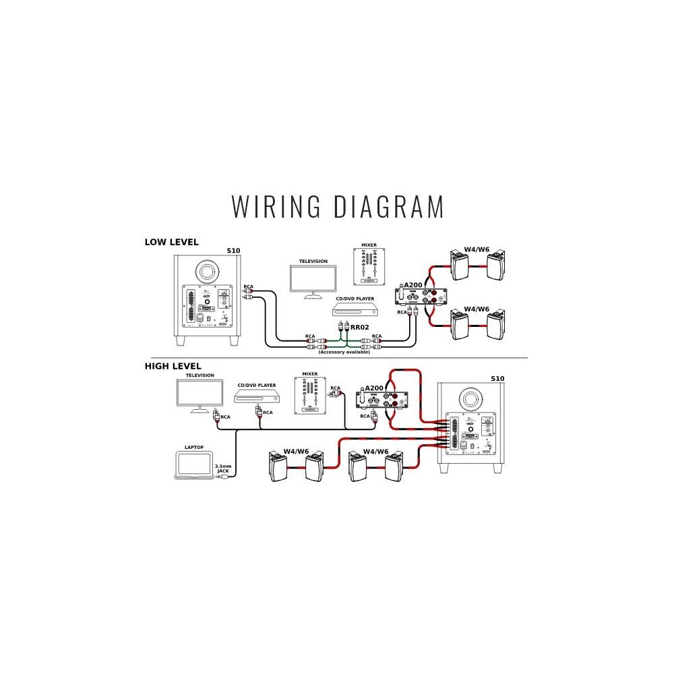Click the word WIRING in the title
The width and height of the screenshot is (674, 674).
coord(276,206)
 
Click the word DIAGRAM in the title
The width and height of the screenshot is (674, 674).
coord(390,206)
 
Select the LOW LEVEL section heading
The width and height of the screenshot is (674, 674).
coord(171,242)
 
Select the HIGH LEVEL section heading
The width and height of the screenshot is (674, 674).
coord(173,366)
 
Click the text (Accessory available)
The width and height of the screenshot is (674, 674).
coord(344,352)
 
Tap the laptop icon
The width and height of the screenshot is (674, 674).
coord(192,466)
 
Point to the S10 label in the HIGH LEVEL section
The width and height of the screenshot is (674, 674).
coord(497,378)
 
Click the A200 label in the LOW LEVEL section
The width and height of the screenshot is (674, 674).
coord(412,285)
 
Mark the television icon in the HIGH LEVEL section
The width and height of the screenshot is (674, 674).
coord(200,396)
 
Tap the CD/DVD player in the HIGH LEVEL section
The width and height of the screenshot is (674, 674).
coord(256,398)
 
